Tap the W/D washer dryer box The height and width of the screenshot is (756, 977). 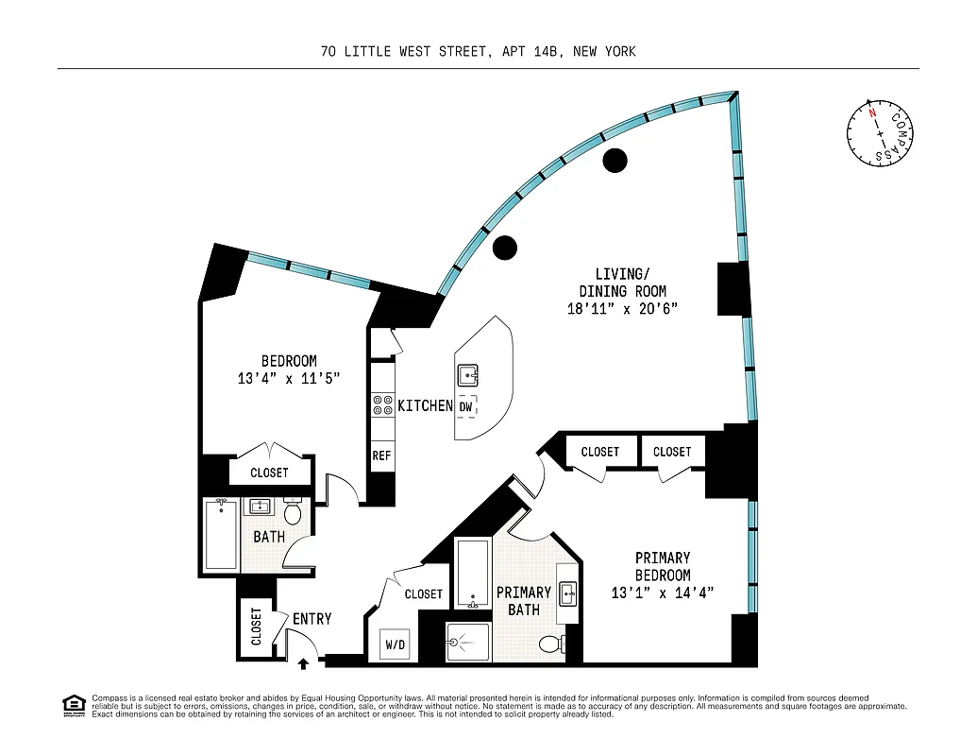[396, 646]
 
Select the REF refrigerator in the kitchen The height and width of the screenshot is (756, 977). [381, 455]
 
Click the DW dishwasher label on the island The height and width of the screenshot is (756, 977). [466, 406]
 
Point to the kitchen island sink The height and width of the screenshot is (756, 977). [468, 375]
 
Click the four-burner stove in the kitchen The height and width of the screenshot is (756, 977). [382, 405]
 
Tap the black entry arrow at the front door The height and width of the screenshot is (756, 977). [303, 664]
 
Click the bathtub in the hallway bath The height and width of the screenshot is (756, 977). [221, 536]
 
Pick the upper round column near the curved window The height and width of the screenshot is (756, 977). [615, 161]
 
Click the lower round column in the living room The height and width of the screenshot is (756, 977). [506, 248]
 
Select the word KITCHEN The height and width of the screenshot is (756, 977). [425, 405]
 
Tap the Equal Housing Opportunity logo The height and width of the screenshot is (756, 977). [73, 704]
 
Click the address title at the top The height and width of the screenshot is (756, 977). [478, 51]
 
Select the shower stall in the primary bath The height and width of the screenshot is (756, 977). [467, 643]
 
